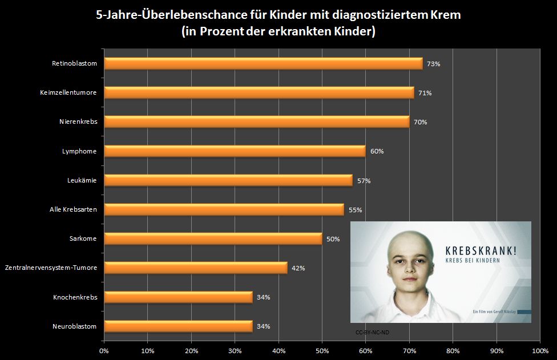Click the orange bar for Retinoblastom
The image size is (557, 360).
[x=263, y=63]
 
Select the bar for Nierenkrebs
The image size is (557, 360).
[x=257, y=122]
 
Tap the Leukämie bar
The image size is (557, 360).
[x=228, y=180]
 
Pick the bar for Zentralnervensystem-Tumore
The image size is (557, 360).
[x=195, y=268]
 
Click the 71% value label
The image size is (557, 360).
[x=424, y=93]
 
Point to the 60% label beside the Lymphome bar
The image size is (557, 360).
[x=377, y=151]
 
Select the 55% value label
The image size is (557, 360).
[x=355, y=210]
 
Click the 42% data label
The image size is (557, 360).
[x=298, y=268]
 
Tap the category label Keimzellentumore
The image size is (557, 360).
[x=68, y=92]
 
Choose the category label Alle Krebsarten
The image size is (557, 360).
[x=73, y=209]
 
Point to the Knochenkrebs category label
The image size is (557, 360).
[x=75, y=297]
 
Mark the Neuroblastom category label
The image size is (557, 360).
[x=74, y=326]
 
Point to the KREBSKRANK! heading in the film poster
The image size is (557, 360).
[x=483, y=250]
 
